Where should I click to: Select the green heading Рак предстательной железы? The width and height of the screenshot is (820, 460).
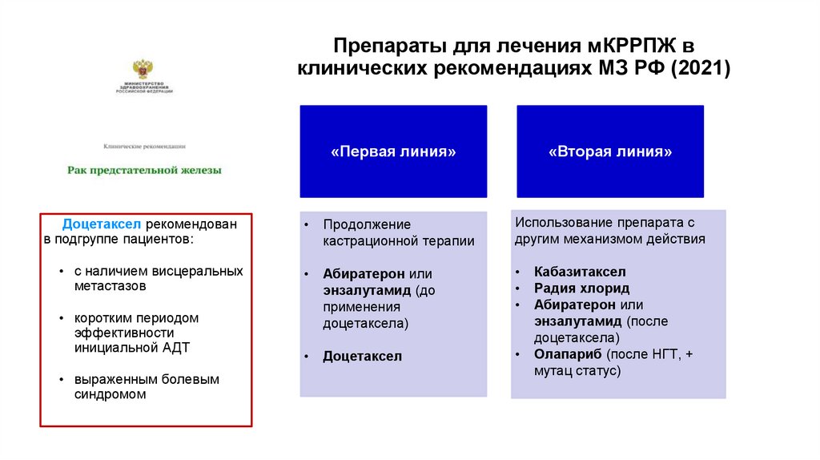pos(144,170)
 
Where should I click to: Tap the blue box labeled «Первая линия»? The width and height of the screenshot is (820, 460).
pos(393,151)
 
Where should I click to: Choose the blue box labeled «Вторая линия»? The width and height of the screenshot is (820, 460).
pos(610,151)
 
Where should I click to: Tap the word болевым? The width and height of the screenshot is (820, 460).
pos(190,379)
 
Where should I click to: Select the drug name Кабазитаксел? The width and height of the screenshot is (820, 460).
pos(581,272)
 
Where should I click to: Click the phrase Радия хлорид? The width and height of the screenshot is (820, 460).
pos(582,289)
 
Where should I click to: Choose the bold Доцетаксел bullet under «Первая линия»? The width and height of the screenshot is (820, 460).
pos(362,357)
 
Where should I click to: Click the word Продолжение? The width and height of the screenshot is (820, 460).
pos(367,225)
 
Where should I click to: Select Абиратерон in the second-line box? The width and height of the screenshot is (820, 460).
pos(576,305)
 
